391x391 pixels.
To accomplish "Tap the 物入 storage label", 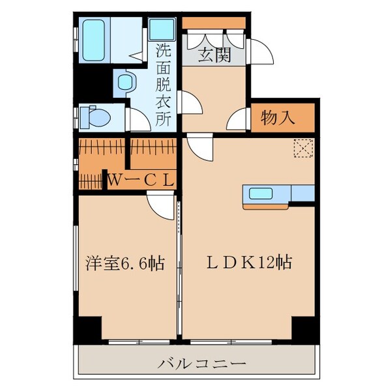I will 278,118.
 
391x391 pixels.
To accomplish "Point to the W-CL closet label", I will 141,179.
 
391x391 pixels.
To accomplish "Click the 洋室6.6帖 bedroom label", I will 124,264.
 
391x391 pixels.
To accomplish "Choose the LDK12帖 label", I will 248,264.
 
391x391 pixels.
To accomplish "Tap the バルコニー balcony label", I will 201,363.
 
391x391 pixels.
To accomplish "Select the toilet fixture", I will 91,117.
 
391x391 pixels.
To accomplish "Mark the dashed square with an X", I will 303,149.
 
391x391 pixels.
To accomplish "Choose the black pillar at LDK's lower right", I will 303,328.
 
